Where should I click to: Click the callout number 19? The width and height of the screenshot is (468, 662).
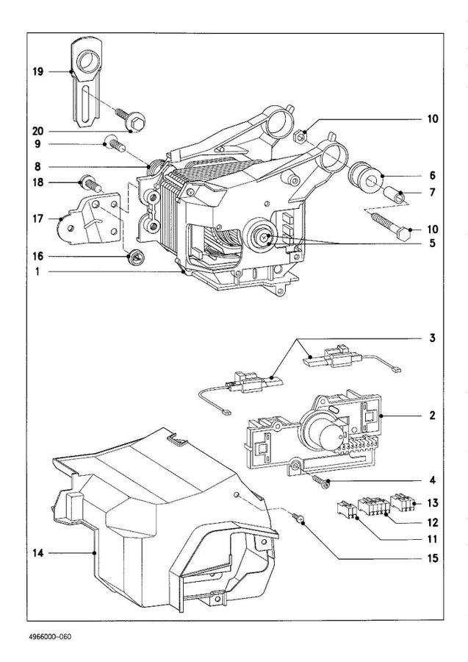point(37,71)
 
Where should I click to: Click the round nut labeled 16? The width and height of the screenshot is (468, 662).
point(134,257)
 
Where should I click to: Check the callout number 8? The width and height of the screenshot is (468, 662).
point(37,166)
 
